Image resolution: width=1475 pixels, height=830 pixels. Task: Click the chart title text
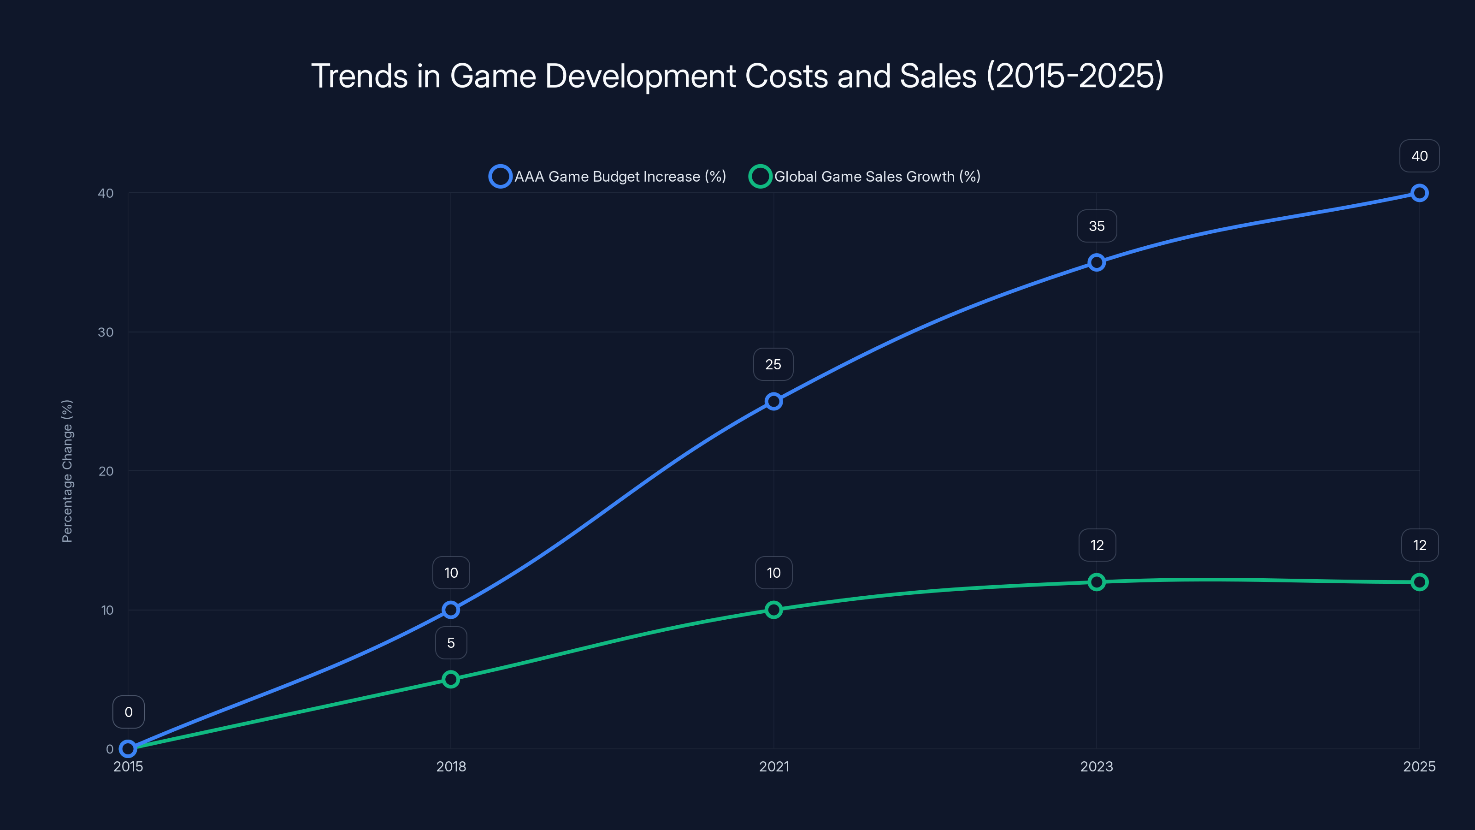737,76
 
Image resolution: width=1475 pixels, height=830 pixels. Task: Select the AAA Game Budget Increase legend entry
608,177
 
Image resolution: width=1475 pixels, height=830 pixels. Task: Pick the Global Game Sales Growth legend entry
865,177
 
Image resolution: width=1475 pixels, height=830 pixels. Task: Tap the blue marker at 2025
1419,193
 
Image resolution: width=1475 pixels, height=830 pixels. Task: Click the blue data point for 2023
1096,262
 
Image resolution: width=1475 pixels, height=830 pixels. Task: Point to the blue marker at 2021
773,401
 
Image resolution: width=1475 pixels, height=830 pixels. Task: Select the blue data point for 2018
451,610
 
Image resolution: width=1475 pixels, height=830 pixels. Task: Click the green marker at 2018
451,679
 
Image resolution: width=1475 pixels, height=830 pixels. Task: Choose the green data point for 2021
773,610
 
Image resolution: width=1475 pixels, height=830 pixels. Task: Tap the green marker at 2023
1096,582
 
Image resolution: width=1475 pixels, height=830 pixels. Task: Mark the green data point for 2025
1419,582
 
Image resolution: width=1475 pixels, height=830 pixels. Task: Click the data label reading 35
1097,226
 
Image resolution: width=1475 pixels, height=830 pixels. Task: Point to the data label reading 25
773,364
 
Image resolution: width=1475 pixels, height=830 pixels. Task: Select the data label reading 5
451,643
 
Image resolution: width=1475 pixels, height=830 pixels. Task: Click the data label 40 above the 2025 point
1419,156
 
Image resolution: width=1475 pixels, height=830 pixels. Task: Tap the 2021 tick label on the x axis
773,766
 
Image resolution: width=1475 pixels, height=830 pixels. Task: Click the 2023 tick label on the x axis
1096,766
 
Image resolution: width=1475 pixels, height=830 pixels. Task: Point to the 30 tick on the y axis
106,332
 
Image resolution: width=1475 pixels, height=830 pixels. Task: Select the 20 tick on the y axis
106,471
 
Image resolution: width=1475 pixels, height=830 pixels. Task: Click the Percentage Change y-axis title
67,471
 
